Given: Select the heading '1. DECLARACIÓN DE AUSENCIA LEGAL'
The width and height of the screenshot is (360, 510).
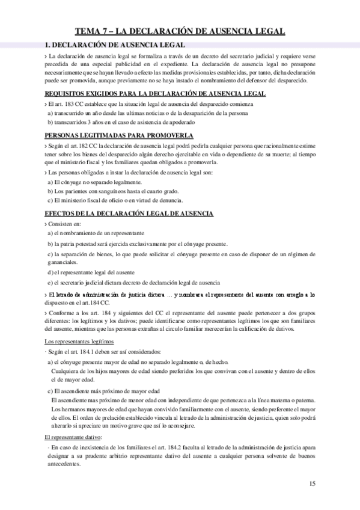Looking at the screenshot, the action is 115,45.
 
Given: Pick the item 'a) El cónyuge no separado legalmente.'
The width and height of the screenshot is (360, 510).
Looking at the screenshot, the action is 94,182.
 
